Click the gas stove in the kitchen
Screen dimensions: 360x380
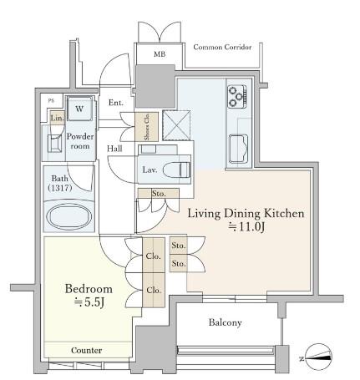pyautogui.click(x=237, y=97)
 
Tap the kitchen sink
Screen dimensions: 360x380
pyautogui.click(x=238, y=149)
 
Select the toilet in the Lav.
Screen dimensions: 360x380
pyautogui.click(x=176, y=170)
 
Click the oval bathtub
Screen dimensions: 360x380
pyautogui.click(x=68, y=216)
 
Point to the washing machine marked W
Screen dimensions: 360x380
pyautogui.click(x=79, y=109)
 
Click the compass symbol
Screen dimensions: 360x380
pyautogui.click(x=318, y=357)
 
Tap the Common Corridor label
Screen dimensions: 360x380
pyautogui.click(x=222, y=47)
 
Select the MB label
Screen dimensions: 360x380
pyautogui.click(x=160, y=54)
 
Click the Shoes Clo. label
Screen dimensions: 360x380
pyautogui.click(x=147, y=127)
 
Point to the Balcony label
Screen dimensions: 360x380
pyautogui.click(x=225, y=322)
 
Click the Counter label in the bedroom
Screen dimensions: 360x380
pyautogui.click(x=86, y=350)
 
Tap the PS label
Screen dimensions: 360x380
pyautogui.click(x=51, y=101)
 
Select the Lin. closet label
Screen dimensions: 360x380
pyautogui.click(x=58, y=118)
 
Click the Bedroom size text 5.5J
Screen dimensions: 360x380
pyautogui.click(x=89, y=302)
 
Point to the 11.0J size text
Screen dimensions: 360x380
pyautogui.click(x=246, y=227)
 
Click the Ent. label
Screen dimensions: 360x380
pyautogui.click(x=116, y=103)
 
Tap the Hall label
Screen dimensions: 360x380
pyautogui.click(x=114, y=149)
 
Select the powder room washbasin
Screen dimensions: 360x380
pyautogui.click(x=54, y=144)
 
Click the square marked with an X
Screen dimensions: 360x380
pyautogui.click(x=176, y=125)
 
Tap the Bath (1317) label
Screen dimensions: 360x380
pyautogui.click(x=60, y=183)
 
